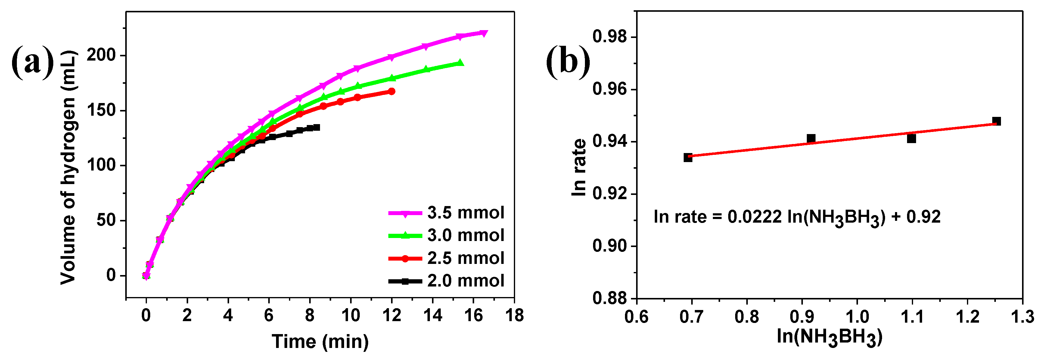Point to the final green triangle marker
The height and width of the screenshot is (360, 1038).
click(x=460, y=63)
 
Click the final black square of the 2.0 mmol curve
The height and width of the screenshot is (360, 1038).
click(x=317, y=127)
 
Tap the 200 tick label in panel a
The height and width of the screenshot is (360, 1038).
click(x=101, y=55)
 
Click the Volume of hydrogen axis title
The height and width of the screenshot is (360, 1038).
click(x=69, y=167)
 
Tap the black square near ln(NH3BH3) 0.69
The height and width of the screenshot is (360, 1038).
click(x=688, y=158)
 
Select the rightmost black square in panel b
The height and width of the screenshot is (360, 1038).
click(x=996, y=121)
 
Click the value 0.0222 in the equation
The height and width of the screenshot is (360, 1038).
click(x=754, y=217)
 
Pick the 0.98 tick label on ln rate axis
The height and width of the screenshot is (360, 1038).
click(x=610, y=37)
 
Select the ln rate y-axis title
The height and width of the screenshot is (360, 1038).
click(x=579, y=167)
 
